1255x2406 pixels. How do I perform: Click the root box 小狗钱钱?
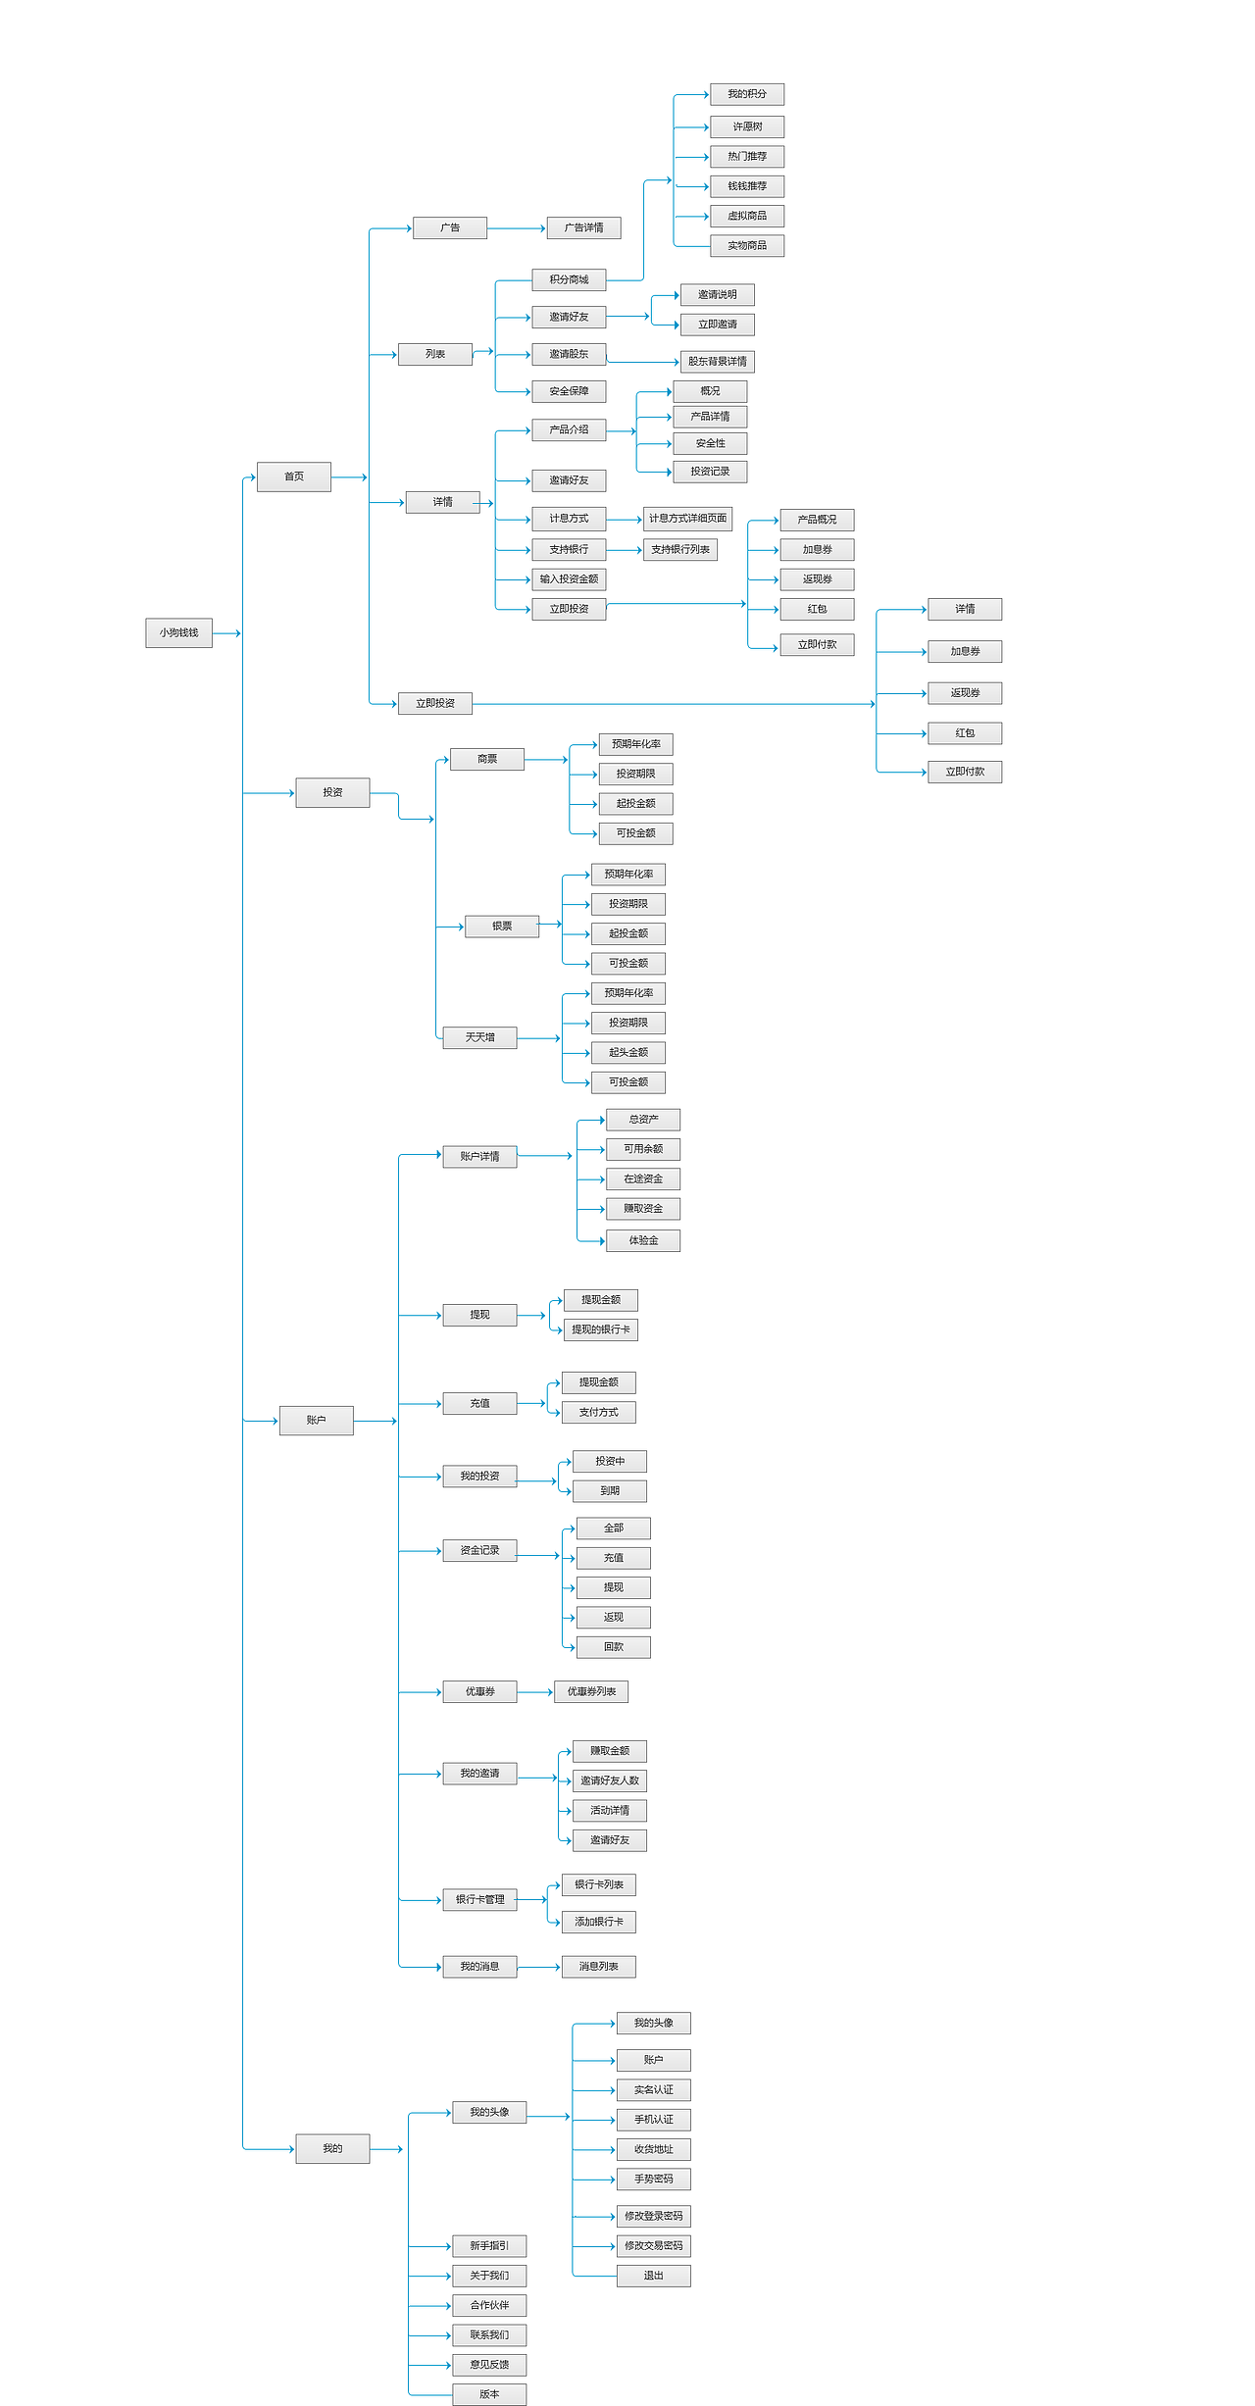pyautogui.click(x=178, y=633)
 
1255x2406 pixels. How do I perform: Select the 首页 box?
pyautogui.click(x=294, y=476)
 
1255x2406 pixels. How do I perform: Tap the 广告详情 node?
pyautogui.click(x=583, y=228)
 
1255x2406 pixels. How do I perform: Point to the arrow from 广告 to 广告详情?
pyautogui.click(x=517, y=228)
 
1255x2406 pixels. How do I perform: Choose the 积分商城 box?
pyautogui.click(x=569, y=280)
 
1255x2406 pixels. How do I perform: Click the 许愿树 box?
pyautogui.click(x=747, y=126)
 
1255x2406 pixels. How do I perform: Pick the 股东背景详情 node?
pyautogui.click(x=718, y=362)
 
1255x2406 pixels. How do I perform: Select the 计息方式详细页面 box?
pyautogui.click(x=687, y=519)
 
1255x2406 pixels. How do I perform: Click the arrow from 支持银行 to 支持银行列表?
pyautogui.click(x=625, y=550)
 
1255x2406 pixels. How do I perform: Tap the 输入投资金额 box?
pyautogui.click(x=569, y=579)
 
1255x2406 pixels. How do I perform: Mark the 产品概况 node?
pyautogui.click(x=817, y=520)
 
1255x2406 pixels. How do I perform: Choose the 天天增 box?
pyautogui.click(x=479, y=1037)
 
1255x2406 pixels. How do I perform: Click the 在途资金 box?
pyautogui.click(x=643, y=1178)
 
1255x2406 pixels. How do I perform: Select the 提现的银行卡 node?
pyautogui.click(x=601, y=1329)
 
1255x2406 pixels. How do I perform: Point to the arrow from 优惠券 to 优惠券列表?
pyautogui.click(x=535, y=1692)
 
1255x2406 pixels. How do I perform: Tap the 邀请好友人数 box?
pyautogui.click(x=610, y=1780)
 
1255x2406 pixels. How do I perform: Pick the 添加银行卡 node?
pyautogui.click(x=599, y=1922)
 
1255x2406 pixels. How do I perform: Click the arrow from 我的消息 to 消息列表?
pyautogui.click(x=539, y=1967)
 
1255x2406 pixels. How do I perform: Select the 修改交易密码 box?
pyautogui.click(x=654, y=2245)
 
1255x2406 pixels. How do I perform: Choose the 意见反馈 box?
pyautogui.click(x=489, y=2365)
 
